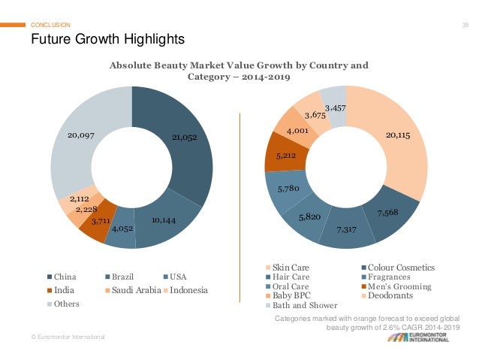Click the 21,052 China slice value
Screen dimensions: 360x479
pyautogui.click(x=184, y=138)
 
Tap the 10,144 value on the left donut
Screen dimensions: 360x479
pyautogui.click(x=164, y=220)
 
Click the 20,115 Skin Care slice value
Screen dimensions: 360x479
pyautogui.click(x=398, y=135)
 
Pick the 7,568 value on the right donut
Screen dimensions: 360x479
pyautogui.click(x=387, y=213)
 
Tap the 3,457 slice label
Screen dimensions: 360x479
pyautogui.click(x=336, y=109)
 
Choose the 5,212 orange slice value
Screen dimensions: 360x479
pyautogui.click(x=285, y=156)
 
